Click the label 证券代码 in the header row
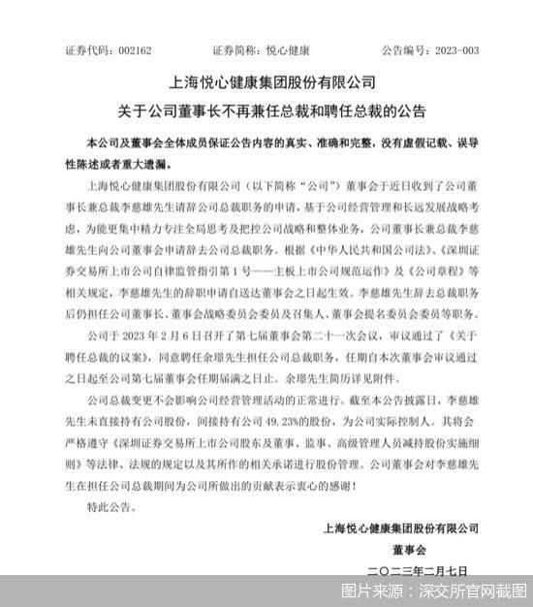(x=85, y=48)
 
